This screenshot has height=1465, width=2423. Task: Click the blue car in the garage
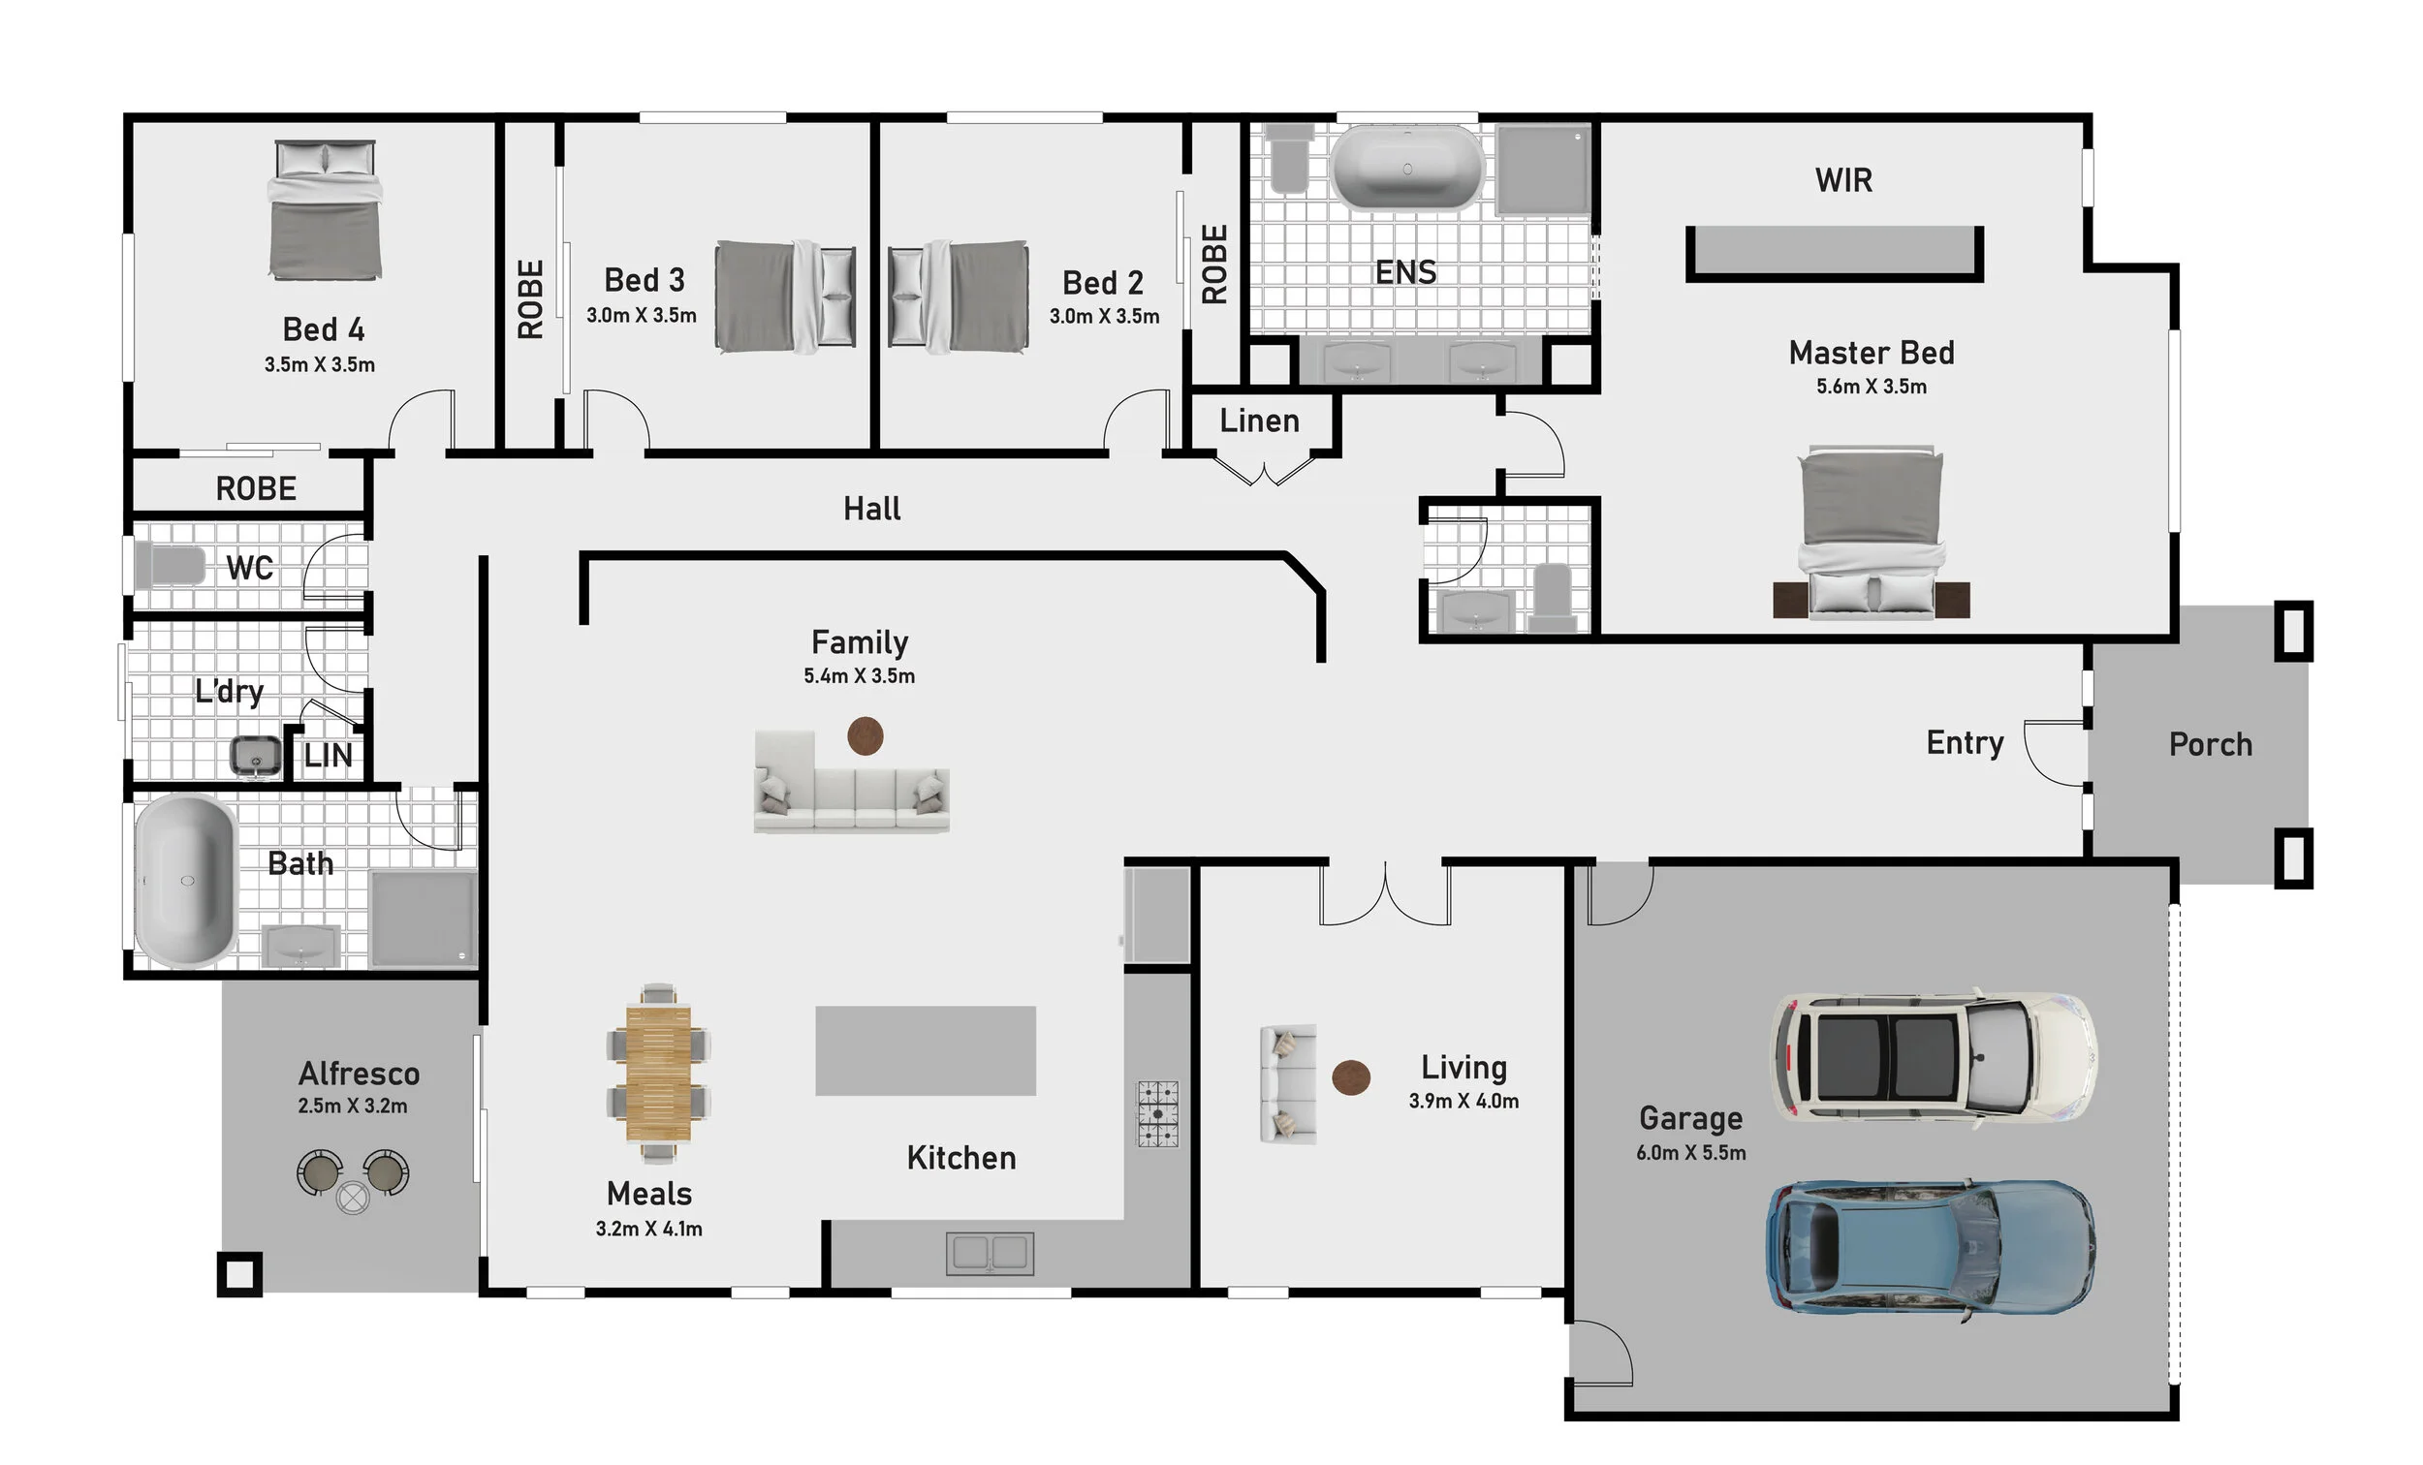1931,1247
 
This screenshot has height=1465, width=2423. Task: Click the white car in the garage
1933,1058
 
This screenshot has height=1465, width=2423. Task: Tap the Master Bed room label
1872,353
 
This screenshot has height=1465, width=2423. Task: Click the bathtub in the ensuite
1407,169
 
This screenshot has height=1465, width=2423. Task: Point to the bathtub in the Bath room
186,881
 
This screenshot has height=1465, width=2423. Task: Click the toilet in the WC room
170,567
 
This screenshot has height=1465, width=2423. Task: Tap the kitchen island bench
926,1050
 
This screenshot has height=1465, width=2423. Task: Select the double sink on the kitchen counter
991,1254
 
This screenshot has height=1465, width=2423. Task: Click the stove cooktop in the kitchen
1158,1114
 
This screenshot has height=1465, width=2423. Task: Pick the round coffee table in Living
1351,1077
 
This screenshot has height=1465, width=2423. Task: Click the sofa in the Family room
852,782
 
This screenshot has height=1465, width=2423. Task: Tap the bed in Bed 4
326,209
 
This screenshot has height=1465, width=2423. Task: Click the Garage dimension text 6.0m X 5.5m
1691,1152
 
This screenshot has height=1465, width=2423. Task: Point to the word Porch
2211,744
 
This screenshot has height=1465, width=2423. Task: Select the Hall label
872,509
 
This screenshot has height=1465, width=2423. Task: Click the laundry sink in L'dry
256,756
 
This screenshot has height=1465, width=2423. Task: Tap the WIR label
1843,180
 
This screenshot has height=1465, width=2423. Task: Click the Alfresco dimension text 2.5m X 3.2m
353,1107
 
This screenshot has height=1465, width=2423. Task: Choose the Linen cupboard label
1260,421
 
